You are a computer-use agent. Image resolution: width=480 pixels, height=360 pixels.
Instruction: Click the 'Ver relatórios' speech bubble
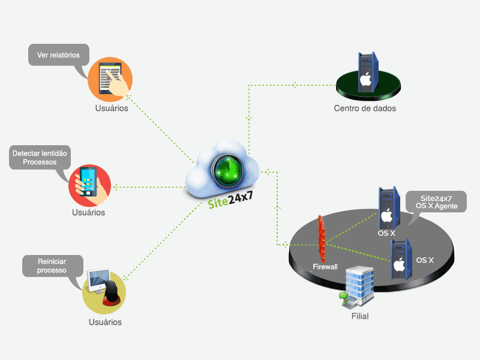(58, 55)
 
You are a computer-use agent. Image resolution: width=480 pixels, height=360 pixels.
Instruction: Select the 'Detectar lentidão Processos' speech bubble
(41, 158)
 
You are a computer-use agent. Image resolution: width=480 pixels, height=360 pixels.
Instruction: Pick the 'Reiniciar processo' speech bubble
(52, 266)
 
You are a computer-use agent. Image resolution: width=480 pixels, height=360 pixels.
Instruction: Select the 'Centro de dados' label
(365, 109)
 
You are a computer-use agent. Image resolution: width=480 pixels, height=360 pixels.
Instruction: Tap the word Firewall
(325, 266)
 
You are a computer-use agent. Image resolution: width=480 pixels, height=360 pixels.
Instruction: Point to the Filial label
(359, 316)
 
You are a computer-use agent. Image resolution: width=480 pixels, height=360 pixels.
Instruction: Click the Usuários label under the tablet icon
(111, 109)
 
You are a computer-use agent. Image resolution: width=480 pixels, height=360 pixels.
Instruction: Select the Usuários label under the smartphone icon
(88, 212)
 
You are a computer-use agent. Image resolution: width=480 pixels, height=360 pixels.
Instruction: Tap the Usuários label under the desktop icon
(105, 322)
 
